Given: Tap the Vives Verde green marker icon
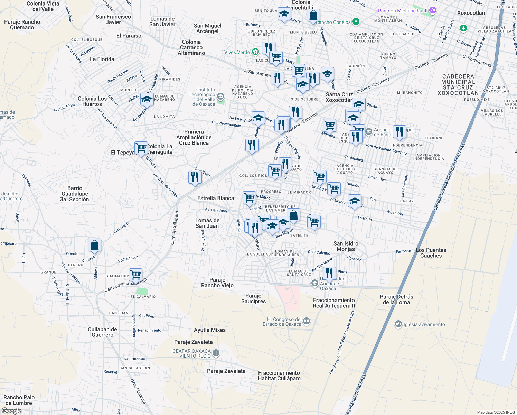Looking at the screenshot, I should [x=255, y=52].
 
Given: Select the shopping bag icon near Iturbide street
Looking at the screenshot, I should [x=94, y=246].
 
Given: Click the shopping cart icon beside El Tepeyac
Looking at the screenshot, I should [x=141, y=148].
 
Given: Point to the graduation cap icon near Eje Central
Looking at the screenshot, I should [x=147, y=100].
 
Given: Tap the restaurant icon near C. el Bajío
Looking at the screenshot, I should [x=195, y=177].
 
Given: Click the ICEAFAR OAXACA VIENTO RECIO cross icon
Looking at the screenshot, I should [x=216, y=353].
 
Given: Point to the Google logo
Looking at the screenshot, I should [x=11, y=411].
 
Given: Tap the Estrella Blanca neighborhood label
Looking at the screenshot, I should [x=216, y=198].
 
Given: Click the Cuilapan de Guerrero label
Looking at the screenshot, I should [x=102, y=332].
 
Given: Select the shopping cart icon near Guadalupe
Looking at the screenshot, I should [x=136, y=275].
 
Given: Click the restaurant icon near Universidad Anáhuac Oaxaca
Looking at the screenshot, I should [x=329, y=273].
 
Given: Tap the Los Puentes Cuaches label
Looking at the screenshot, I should [x=431, y=253].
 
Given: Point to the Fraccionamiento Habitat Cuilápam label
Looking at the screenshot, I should [x=279, y=376].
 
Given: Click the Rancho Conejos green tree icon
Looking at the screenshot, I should [x=356, y=22].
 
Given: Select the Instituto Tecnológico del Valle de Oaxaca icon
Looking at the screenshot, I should [x=220, y=96].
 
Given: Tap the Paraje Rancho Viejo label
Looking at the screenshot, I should [x=217, y=283].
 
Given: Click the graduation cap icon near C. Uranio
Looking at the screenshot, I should [x=355, y=201].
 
